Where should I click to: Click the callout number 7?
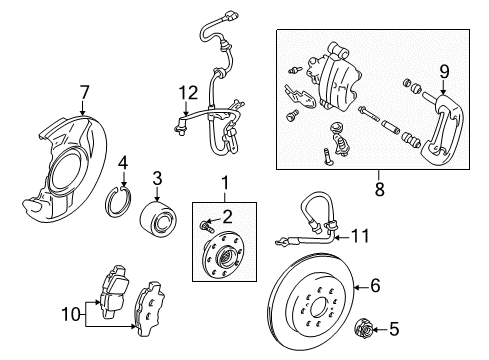click(85, 95)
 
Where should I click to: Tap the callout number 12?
click(182, 95)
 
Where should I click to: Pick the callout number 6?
click(375, 285)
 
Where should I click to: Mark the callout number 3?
click(157, 178)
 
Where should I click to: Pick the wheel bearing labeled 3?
click(158, 217)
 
